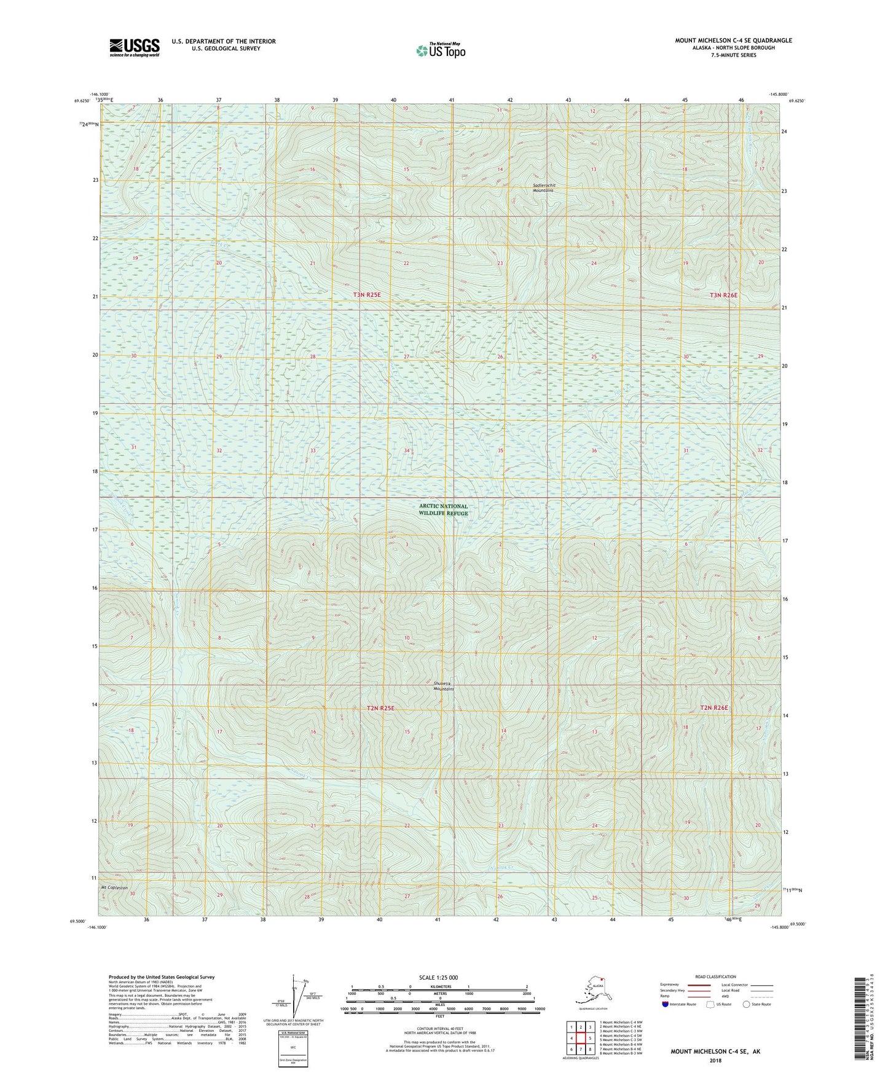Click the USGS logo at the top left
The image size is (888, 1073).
click(x=134, y=47)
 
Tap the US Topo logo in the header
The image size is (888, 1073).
click(x=440, y=50)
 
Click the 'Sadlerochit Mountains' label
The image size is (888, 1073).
click(x=543, y=187)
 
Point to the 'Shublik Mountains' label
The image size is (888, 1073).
click(x=444, y=686)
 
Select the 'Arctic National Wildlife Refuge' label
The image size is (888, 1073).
click(x=443, y=509)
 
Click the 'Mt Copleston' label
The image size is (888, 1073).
click(x=114, y=888)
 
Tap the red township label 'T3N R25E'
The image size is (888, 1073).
click(x=367, y=295)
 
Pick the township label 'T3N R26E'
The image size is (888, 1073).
click(x=723, y=295)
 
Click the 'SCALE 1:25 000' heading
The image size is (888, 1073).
click(x=439, y=978)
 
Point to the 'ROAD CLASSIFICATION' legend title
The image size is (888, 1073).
click(x=715, y=977)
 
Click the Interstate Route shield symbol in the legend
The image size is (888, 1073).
click(x=666, y=1004)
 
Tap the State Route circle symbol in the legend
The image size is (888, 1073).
click(x=746, y=1004)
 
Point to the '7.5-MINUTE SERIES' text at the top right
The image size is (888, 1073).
click(x=734, y=55)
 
